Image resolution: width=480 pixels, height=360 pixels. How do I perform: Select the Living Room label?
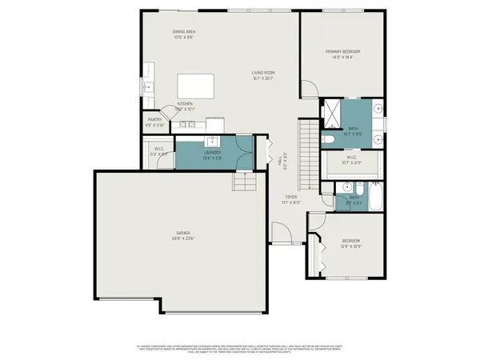click(262, 72)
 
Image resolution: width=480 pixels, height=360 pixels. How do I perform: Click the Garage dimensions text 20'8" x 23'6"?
click(183, 238)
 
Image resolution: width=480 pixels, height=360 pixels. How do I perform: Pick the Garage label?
click(183, 233)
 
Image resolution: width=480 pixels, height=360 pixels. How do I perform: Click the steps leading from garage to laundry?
click(243, 184)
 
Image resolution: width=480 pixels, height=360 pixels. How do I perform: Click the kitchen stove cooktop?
click(188, 124)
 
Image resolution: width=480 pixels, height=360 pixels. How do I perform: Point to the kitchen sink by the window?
click(147, 87)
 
